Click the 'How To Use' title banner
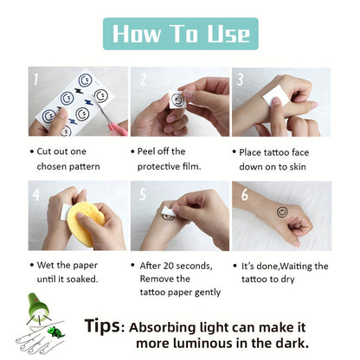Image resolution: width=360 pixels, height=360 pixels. click(x=180, y=33)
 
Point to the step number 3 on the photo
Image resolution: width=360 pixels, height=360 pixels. click(x=241, y=79)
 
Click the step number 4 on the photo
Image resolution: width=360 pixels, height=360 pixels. click(x=36, y=194)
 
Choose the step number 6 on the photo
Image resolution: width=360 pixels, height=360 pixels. click(x=243, y=194)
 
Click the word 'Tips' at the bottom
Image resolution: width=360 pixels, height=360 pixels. click(x=104, y=326)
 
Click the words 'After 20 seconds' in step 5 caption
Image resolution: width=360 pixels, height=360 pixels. click(x=176, y=265)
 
